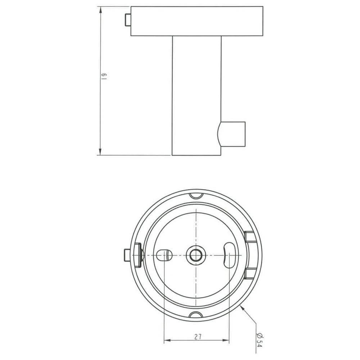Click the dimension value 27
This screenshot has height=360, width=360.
click(x=197, y=337)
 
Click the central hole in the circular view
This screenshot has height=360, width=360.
click(x=196, y=255)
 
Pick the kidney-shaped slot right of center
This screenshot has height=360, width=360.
click(x=229, y=255)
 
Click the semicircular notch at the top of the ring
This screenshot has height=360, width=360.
click(x=196, y=195)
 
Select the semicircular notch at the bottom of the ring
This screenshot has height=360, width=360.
click(x=196, y=314)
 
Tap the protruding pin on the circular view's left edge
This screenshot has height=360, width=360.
click(x=126, y=255)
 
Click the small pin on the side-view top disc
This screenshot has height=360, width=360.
click(x=127, y=21)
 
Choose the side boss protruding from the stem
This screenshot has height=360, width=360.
click(x=232, y=134)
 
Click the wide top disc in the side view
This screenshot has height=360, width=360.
click(x=197, y=21)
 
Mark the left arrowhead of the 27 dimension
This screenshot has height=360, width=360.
click(x=166, y=340)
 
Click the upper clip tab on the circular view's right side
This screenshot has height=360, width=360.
click(x=249, y=237)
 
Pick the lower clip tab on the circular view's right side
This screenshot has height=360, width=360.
click(x=249, y=273)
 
